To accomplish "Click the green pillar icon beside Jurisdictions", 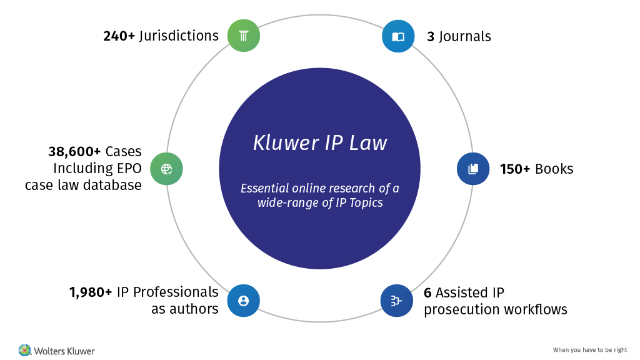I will click(x=243, y=35).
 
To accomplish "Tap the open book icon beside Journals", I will click(x=398, y=36).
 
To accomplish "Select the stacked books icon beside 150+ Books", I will click(x=473, y=169).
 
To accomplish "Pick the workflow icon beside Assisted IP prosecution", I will click(x=396, y=301).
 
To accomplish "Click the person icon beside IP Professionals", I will click(x=243, y=301).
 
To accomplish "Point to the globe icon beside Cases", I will click(x=166, y=169).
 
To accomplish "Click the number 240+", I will click(x=119, y=36).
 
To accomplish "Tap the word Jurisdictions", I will click(x=179, y=36).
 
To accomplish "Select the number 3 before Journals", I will click(x=431, y=36).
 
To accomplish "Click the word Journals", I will click(x=465, y=36).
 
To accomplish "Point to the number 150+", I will click(x=516, y=169).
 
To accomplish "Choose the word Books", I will click(x=554, y=169).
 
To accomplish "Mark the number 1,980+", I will click(x=91, y=292).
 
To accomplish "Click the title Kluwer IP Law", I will click(x=320, y=142).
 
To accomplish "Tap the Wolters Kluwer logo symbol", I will click(x=24, y=350).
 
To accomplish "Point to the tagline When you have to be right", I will click(x=590, y=350).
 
